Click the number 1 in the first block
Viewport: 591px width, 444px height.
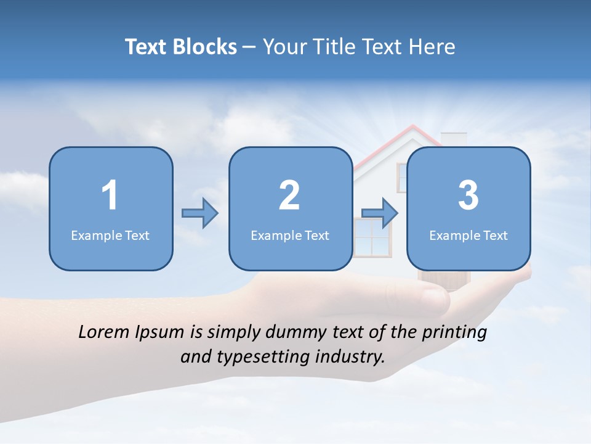tap(110, 195)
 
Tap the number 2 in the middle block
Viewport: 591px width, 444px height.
tap(289, 195)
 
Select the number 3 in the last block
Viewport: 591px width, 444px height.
tap(468, 195)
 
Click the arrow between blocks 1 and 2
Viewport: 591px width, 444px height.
tap(200, 213)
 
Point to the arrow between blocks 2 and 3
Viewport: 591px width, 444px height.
tap(380, 213)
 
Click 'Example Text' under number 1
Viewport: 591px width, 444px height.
tap(110, 235)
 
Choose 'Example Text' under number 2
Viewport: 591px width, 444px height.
tap(290, 235)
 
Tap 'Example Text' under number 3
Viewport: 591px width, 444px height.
tap(468, 235)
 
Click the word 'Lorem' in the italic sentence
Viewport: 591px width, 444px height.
tap(104, 332)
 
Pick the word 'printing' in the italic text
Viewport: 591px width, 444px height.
tap(454, 333)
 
